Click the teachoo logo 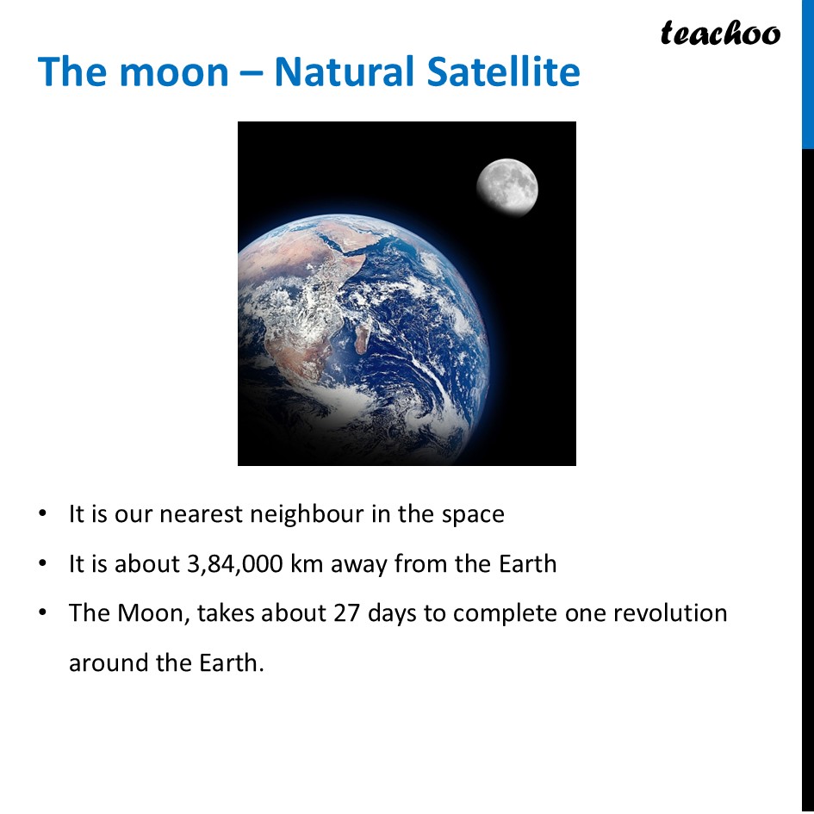coord(720,33)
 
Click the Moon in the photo coord(507,187)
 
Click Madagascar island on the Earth coord(363,336)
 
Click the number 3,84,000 coord(234,565)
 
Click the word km coord(308,564)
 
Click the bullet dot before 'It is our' coord(42,515)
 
